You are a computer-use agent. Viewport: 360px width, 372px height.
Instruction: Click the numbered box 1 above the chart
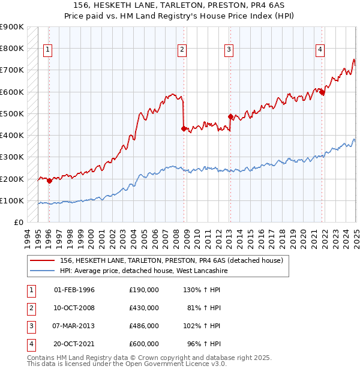[47, 50]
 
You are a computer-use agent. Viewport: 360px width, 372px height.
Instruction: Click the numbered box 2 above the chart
[182, 50]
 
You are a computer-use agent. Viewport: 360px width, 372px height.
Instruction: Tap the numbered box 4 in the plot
[320, 50]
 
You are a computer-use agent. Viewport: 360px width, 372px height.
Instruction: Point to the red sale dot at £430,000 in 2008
[184, 128]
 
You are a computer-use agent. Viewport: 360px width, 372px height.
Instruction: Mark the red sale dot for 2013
[230, 116]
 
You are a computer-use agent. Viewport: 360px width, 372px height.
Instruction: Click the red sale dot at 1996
[49, 181]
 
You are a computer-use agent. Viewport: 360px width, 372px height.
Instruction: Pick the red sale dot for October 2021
[322, 92]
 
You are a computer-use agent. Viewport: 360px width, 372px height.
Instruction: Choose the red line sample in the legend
[43, 260]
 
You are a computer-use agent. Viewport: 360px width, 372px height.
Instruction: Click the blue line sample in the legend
[43, 271]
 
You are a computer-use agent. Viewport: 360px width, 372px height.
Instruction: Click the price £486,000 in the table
[144, 326]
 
